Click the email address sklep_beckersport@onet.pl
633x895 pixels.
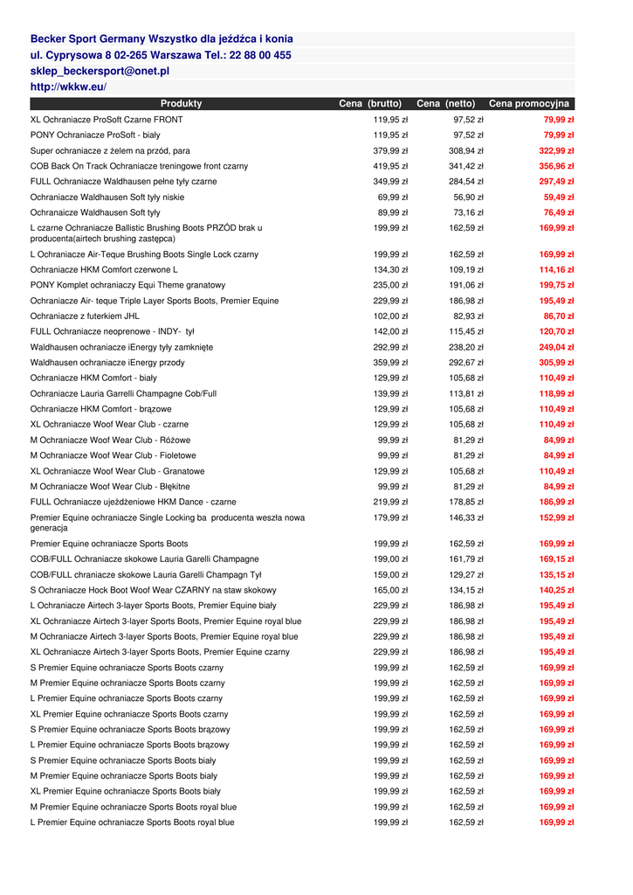[x=100, y=71]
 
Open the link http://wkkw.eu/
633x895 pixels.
[x=68, y=87]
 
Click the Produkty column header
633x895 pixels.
[x=181, y=104]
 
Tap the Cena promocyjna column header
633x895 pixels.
[x=529, y=104]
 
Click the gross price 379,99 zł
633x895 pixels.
[x=390, y=150]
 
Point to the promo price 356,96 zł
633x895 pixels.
[x=556, y=166]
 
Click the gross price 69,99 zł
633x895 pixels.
[x=393, y=198]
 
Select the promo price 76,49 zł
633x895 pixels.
[x=558, y=212]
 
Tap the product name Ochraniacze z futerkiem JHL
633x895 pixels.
[x=85, y=316]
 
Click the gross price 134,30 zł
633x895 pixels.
[x=390, y=270]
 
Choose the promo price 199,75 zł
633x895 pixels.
[x=556, y=285]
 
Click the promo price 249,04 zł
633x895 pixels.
[x=556, y=347]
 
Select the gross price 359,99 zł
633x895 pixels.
[x=390, y=363]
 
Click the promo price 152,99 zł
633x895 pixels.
[x=556, y=518]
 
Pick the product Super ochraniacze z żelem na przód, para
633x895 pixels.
[x=110, y=150]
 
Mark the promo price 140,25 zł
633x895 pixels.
[x=556, y=591]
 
